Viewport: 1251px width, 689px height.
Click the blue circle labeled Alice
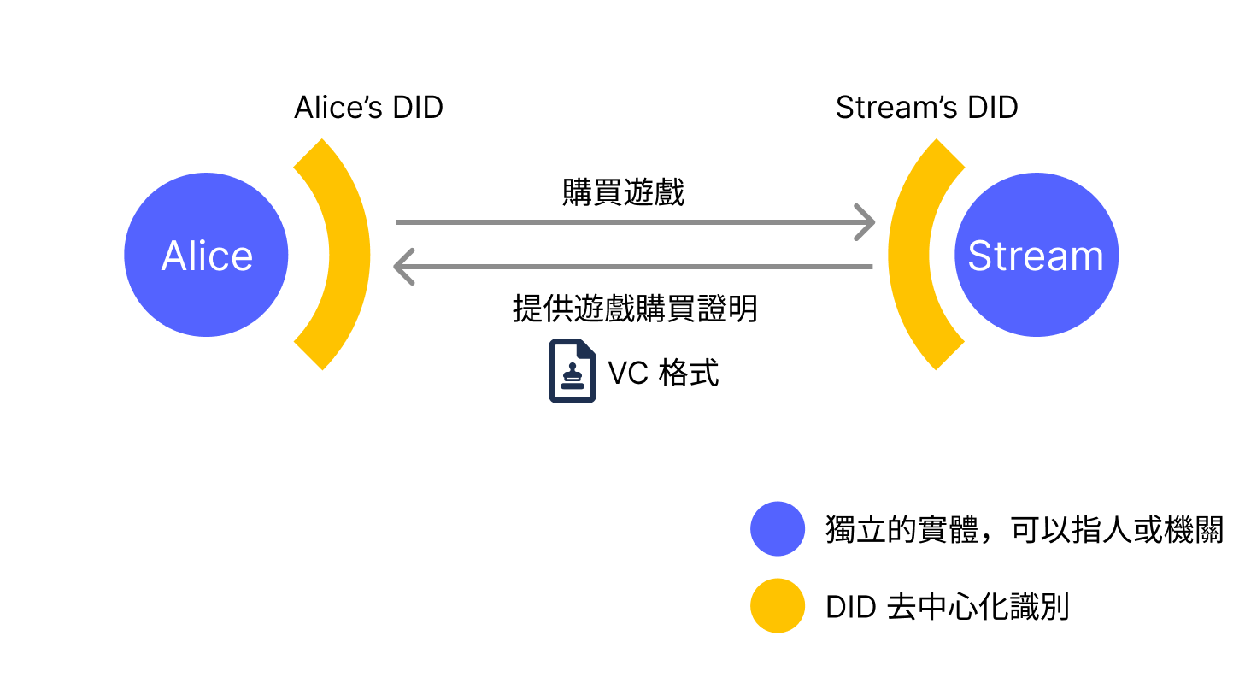tap(206, 255)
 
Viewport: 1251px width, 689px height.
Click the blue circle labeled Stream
tap(1036, 255)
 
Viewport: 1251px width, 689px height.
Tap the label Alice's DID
tap(368, 109)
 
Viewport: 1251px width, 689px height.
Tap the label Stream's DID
tap(926, 109)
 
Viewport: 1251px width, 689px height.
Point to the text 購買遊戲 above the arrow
tap(623, 193)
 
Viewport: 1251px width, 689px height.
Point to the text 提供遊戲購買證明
tap(635, 309)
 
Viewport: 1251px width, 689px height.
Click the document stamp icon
tap(572, 371)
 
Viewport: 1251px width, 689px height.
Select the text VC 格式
tap(663, 374)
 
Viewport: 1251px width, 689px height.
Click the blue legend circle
tap(778, 528)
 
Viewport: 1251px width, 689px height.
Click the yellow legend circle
tap(778, 606)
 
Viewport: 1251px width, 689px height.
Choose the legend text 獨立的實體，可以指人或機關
tap(1025, 530)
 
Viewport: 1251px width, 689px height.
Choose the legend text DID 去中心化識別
tap(948, 608)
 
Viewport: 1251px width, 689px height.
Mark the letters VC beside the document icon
tap(627, 374)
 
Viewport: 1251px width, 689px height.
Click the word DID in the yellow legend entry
tap(851, 608)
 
